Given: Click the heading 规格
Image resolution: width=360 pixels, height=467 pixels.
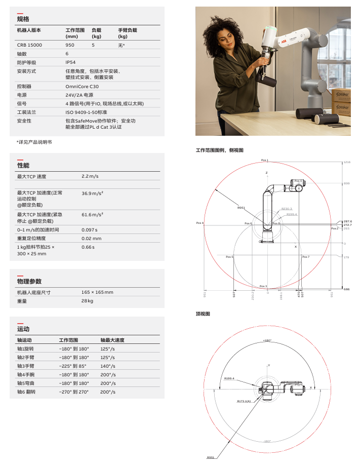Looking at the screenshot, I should pyautogui.click(x=23, y=19).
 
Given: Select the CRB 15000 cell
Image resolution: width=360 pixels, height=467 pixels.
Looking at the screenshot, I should pyautogui.click(x=30, y=45).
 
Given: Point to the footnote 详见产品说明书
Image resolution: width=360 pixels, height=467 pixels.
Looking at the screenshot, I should pyautogui.click(x=34, y=142).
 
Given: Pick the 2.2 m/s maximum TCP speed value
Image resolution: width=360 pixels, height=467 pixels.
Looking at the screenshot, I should pyautogui.click(x=90, y=176).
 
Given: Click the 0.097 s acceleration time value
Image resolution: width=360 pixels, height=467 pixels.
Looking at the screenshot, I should pyautogui.click(x=90, y=229).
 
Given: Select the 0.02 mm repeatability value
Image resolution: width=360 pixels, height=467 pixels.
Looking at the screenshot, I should pyautogui.click(x=92, y=238).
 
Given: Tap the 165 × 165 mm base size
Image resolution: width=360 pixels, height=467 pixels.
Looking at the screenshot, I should pyautogui.click(x=97, y=292).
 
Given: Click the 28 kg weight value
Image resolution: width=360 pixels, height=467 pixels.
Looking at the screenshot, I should pyautogui.click(x=88, y=301).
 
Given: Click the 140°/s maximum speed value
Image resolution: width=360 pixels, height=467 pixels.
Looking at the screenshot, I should pyautogui.click(x=108, y=366).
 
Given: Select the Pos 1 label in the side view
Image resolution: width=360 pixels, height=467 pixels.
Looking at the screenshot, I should pyautogui.click(x=264, y=161).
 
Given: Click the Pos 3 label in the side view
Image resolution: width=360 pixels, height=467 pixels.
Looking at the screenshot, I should pyautogui.click(x=263, y=286).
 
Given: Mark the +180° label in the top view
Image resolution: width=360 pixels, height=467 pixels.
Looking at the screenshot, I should pyautogui.click(x=267, y=340).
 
